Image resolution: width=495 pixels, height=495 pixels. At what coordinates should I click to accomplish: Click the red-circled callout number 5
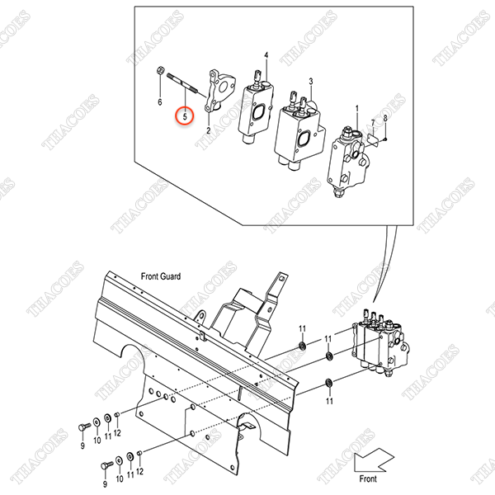[x=185, y=116]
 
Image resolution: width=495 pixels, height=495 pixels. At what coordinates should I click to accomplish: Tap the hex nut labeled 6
[x=160, y=70]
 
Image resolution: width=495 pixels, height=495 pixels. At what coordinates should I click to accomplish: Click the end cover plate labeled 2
[x=219, y=91]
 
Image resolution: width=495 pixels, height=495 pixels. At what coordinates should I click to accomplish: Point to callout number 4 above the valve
[x=266, y=55]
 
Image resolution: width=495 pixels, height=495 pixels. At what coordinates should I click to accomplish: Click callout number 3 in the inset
[x=311, y=82]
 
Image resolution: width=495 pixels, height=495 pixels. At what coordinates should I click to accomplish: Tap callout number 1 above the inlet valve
[x=357, y=109]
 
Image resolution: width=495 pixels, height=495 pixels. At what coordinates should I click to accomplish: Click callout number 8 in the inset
[x=385, y=118]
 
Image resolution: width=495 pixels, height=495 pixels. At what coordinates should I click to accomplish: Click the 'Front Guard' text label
[x=161, y=276]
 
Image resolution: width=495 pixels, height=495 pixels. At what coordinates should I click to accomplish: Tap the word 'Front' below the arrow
[x=368, y=478]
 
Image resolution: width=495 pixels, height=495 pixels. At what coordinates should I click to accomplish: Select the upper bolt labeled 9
[x=84, y=427]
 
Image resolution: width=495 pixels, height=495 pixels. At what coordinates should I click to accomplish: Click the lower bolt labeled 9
[x=106, y=465]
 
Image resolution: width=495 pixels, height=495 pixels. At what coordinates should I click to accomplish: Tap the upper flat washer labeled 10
[x=97, y=422]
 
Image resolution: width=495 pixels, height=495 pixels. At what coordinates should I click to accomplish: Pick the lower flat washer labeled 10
[x=120, y=460]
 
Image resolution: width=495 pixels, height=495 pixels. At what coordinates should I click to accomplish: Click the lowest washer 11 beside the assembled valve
[x=329, y=383]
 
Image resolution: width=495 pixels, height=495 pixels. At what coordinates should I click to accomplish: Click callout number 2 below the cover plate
[x=209, y=130]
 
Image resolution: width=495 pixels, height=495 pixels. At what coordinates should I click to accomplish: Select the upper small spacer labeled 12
[x=117, y=414]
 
